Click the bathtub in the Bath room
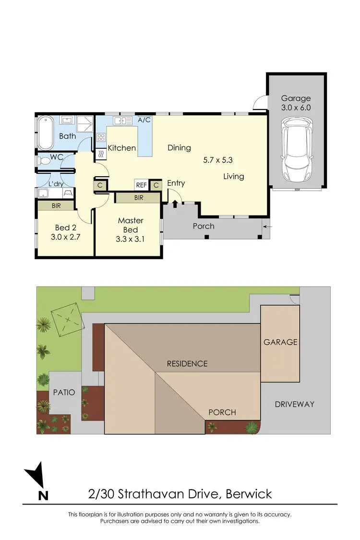(x=47, y=132)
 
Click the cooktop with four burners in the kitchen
(x=101, y=138)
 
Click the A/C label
(x=144, y=120)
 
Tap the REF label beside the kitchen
(x=141, y=185)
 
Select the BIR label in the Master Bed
(x=138, y=197)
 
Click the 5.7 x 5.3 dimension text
(x=218, y=160)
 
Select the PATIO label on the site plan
(x=64, y=392)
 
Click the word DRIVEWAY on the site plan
(x=294, y=404)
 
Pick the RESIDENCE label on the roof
(x=187, y=363)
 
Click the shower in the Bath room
(x=85, y=123)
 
